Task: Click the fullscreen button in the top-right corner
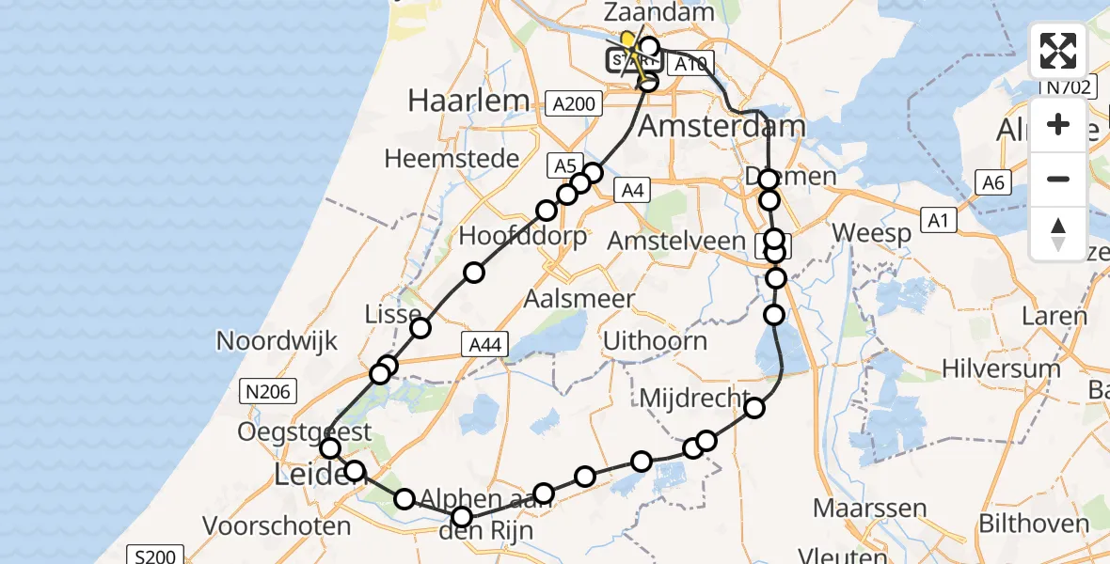tap(1058, 51)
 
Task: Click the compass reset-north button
tap(1058, 233)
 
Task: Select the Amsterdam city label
tap(721, 127)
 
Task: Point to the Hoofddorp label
tap(523, 236)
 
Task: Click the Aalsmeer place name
tap(579, 300)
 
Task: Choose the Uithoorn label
tap(655, 340)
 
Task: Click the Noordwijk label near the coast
tap(277, 340)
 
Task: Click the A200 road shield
tap(575, 103)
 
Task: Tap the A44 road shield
tap(484, 345)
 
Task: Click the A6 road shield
tap(994, 182)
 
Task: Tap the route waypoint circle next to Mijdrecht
tap(754, 408)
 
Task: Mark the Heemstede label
tap(452, 158)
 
